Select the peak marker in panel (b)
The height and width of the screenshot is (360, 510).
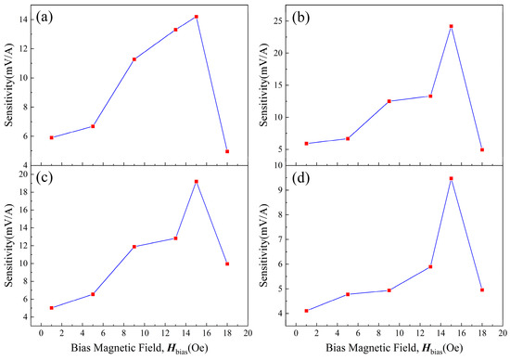(452, 26)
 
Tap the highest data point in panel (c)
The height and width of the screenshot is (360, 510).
(197, 181)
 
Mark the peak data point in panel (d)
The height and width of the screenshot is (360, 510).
(452, 178)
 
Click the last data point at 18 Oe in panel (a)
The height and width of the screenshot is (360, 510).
(227, 151)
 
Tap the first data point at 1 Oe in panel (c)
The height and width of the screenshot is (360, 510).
(52, 307)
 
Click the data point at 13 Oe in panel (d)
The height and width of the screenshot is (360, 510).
(431, 266)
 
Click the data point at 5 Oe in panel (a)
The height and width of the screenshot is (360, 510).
(93, 126)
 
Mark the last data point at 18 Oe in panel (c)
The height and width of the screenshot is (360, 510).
(227, 264)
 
